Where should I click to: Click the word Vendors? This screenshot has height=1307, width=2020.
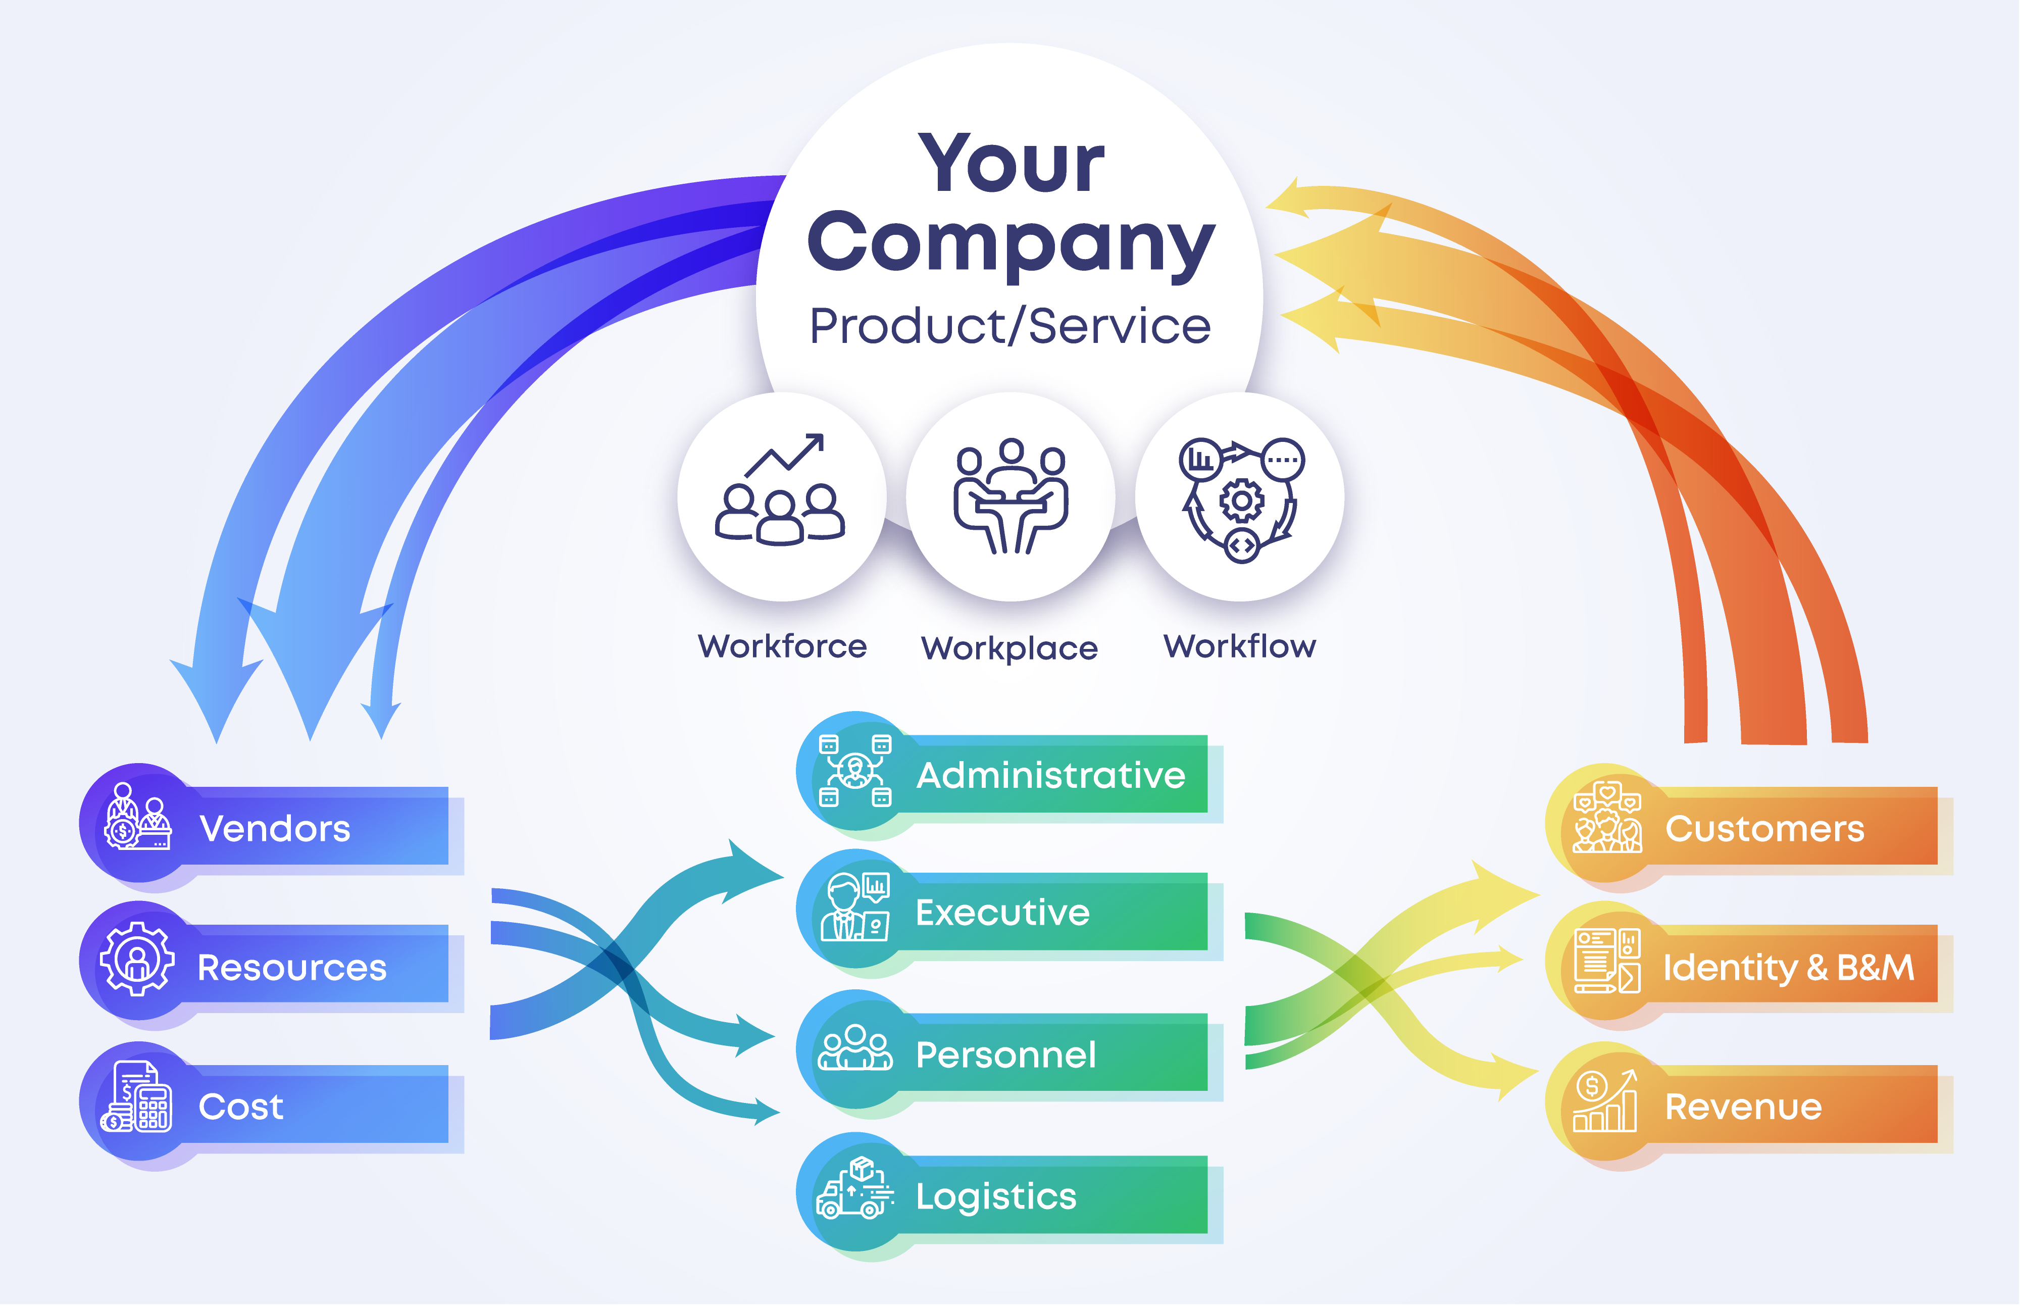[x=274, y=828]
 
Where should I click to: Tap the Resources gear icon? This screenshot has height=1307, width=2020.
[x=137, y=959]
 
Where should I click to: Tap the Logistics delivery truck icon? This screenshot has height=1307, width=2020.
[x=854, y=1188]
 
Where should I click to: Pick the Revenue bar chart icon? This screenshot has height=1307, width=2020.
[x=1604, y=1101]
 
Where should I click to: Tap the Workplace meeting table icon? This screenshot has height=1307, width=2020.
[x=1010, y=496]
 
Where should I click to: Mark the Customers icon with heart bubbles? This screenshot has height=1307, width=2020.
[x=1607, y=817]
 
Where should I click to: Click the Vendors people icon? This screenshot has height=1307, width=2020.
[x=137, y=817]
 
